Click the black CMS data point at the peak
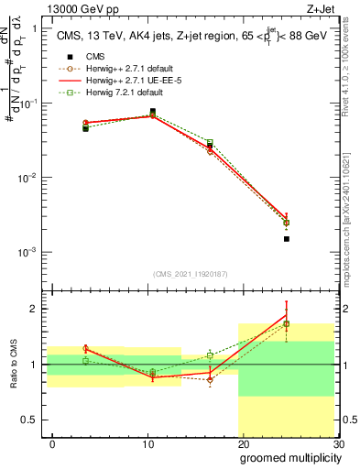[152, 112]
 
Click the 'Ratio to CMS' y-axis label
[15, 365]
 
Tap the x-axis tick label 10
[147, 444]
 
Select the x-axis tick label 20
[243, 444]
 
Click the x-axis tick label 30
[338, 444]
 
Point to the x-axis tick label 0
[52, 444]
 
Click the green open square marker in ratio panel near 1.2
[210, 354]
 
